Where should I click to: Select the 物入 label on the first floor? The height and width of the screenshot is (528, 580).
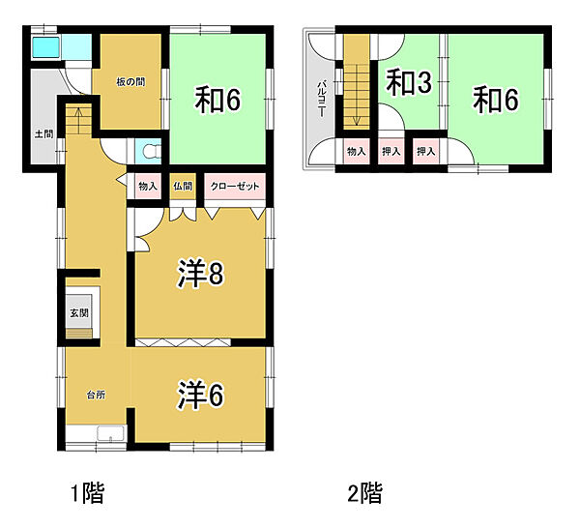pos(148,187)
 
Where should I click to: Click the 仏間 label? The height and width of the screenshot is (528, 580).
pos(183,187)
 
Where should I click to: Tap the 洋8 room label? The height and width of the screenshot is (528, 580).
pos(200,276)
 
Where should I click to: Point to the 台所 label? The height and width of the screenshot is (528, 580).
pos(96,395)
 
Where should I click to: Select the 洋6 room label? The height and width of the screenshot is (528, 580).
pos(200,395)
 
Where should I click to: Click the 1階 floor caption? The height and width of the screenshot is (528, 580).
pos(86,495)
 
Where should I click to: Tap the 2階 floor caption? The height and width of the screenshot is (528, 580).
pos(364,495)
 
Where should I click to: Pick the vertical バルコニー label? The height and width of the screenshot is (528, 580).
pos(321,97)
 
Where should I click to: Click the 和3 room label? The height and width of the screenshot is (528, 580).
pos(409,83)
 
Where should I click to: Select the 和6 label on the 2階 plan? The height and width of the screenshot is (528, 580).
pos(497,100)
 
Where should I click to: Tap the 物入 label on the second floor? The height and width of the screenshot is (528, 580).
pos(356,151)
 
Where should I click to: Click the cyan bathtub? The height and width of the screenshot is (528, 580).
pos(46,47)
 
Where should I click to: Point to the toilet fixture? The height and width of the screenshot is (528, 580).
pos(147,151)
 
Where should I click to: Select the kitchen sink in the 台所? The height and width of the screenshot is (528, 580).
pos(110,434)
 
